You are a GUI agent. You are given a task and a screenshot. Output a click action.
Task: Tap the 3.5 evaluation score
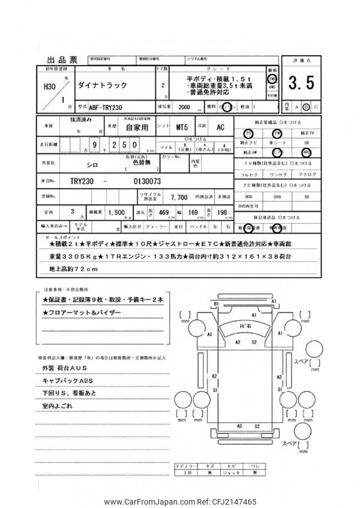point(301,83)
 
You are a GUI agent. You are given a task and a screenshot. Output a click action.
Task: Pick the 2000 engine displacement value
point(184,106)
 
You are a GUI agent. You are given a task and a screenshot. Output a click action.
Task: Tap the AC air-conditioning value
point(220,127)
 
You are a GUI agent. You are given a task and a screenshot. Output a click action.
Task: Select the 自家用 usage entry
point(137,128)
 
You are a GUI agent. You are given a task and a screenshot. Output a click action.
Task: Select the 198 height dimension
point(222,213)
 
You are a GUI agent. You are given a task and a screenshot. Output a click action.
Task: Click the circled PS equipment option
point(249,133)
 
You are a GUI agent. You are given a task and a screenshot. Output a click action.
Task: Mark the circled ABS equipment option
point(307,152)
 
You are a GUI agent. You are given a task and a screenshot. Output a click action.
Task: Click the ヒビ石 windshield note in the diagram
point(246,326)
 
